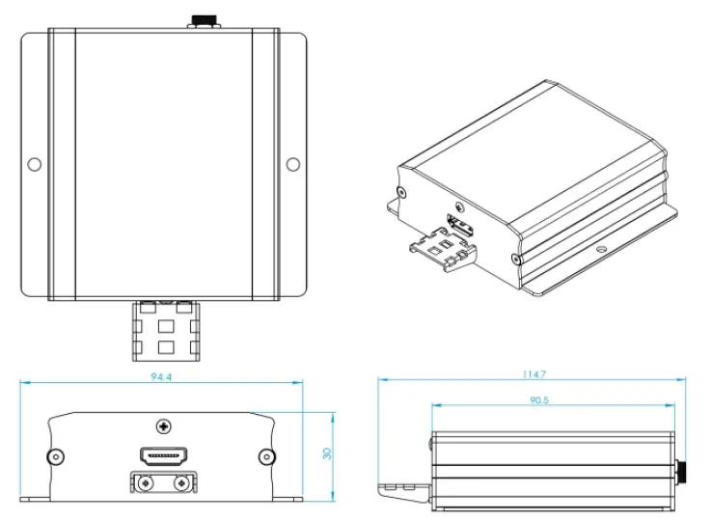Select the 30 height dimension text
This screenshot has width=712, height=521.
[327, 452]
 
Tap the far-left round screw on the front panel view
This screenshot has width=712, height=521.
[56, 455]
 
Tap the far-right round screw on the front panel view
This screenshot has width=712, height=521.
[266, 455]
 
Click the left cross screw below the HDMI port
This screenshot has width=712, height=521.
[145, 482]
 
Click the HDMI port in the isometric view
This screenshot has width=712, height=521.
[460, 228]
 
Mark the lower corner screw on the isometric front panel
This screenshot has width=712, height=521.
[518, 259]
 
